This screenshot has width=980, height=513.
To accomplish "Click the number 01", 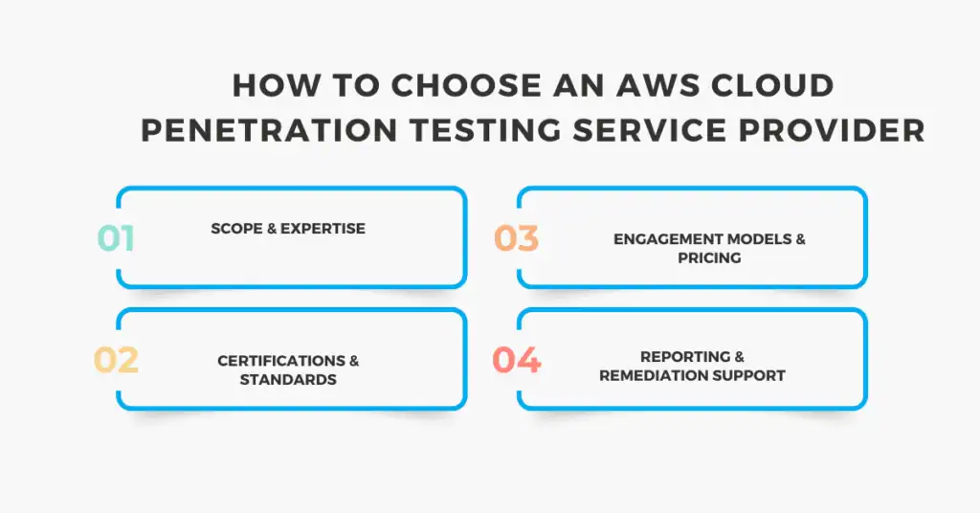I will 116,238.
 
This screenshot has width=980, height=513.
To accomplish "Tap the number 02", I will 116,360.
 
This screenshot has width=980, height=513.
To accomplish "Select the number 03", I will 516,238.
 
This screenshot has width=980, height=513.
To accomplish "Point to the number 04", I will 516,360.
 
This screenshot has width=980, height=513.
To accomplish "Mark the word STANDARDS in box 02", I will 288,379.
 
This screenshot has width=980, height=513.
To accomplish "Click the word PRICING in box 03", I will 709,257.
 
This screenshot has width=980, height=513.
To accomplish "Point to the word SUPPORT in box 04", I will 751,375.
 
